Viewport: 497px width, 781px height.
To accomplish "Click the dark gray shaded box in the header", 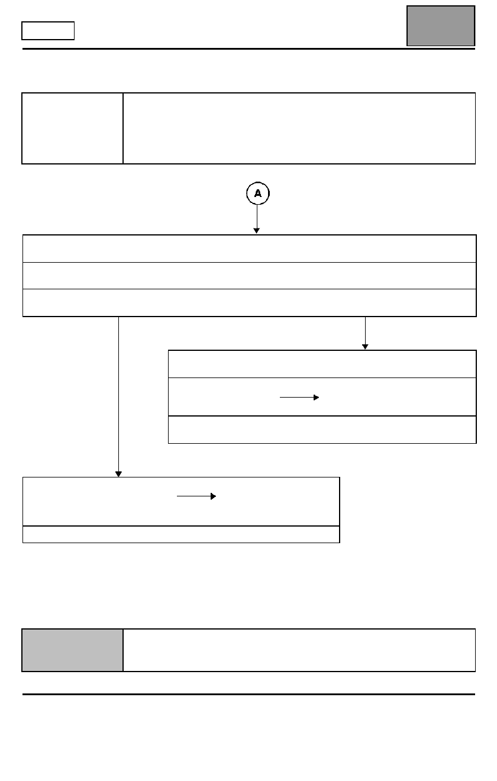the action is [441, 26].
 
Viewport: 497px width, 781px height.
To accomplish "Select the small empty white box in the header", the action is [48, 31].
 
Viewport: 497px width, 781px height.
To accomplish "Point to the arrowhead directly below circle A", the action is [256, 231].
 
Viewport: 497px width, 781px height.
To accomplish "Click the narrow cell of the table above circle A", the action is [73, 128].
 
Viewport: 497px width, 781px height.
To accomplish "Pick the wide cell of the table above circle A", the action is [299, 128].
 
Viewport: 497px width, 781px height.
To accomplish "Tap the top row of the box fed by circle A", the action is [249, 248].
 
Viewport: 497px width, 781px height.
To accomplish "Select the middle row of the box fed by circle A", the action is [249, 276].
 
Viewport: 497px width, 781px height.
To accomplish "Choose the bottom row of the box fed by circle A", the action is [249, 303].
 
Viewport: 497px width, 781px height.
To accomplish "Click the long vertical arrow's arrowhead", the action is [118, 474].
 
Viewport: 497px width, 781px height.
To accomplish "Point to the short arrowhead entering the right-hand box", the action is [365, 347].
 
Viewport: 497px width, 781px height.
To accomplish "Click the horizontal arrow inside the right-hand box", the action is [299, 398].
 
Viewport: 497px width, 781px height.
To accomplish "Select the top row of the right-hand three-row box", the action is [322, 364].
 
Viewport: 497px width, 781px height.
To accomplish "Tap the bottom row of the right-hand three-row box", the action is [322, 430].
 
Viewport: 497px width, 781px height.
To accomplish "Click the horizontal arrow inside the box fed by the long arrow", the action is [196, 496].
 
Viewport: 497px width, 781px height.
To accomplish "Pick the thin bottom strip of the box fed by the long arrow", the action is [181, 534].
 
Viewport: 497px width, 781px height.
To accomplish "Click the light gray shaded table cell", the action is [73, 650].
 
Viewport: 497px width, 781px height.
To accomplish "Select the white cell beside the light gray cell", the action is [299, 650].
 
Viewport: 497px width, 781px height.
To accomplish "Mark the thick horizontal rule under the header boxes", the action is [248, 49].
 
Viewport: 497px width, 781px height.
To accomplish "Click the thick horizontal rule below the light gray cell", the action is [248, 694].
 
